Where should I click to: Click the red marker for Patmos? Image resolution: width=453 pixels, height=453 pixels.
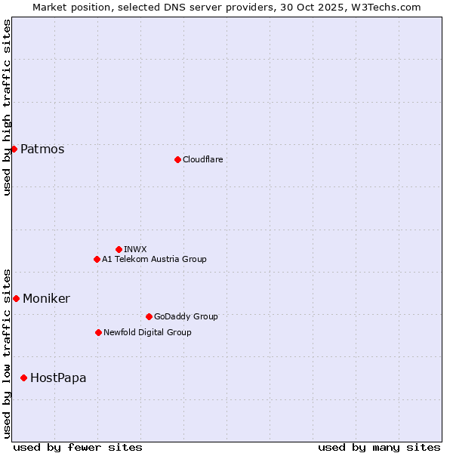click(14, 149)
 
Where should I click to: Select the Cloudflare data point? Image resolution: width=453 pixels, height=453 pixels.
click(177, 159)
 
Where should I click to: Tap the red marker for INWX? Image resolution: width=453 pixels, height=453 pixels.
click(119, 249)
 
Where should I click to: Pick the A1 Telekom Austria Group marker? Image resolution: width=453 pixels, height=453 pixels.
click(97, 259)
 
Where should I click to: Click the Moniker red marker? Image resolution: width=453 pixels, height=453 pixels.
click(16, 298)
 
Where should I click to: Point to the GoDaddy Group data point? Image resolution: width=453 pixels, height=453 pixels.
click(149, 316)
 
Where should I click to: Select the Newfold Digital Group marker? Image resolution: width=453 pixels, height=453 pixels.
click(98, 332)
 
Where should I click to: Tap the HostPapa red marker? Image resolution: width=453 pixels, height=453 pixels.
click(23, 377)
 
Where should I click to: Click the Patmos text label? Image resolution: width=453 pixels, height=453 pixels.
click(42, 149)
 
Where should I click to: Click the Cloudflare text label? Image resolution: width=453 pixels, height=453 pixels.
click(202, 159)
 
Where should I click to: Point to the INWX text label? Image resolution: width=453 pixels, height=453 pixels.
click(135, 249)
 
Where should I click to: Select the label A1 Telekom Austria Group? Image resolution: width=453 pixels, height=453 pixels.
click(154, 259)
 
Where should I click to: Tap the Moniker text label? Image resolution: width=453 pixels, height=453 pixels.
click(46, 298)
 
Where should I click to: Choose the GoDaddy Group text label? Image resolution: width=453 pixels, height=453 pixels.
click(186, 316)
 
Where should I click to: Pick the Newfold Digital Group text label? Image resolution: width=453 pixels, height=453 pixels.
click(147, 332)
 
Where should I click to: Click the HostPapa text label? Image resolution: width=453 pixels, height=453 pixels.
click(58, 377)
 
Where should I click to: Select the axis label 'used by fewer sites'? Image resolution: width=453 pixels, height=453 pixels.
click(78, 447)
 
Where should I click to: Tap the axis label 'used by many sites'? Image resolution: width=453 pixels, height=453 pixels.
click(379, 447)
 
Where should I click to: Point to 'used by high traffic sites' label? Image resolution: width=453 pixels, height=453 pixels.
click(7, 107)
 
